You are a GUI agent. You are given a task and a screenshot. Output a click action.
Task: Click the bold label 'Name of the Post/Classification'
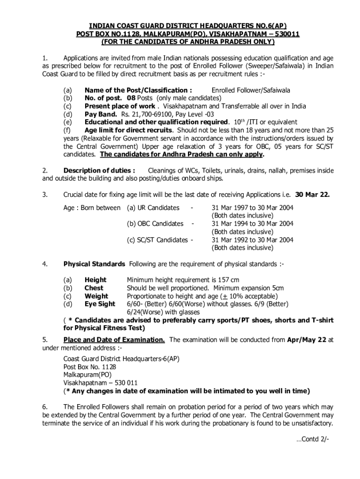coord(138,90)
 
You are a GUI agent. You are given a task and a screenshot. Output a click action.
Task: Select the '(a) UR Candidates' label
coord(153,208)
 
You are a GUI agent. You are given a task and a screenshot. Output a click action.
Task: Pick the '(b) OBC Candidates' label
coord(155,224)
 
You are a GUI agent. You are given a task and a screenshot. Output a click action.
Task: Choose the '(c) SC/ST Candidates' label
coord(157,240)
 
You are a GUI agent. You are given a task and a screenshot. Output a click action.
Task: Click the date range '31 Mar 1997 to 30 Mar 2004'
coord(252,208)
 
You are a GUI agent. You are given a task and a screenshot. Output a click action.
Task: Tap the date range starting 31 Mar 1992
coord(252,240)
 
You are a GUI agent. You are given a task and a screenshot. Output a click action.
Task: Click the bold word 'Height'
coord(95,280)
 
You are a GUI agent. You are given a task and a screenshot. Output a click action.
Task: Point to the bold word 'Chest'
coord(94,288)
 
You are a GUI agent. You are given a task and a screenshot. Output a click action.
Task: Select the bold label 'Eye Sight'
coord(100,304)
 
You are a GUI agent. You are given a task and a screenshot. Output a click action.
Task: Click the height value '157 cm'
coord(229,280)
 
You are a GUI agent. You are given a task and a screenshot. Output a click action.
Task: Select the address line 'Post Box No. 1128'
coord(90,367)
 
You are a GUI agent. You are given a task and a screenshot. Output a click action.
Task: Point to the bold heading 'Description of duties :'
coord(100,171)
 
